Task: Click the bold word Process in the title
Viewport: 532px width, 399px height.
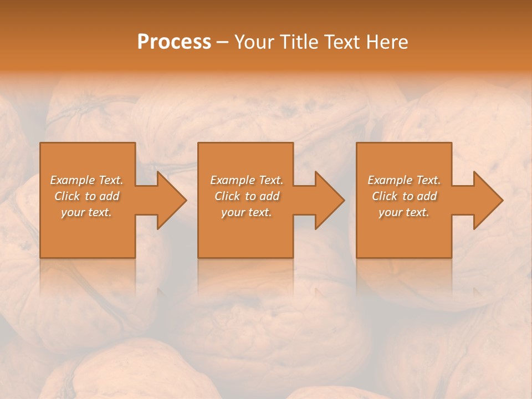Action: pyautogui.click(x=174, y=42)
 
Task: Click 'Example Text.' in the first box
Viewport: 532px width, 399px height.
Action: pyautogui.click(x=86, y=180)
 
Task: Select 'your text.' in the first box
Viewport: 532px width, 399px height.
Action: pyautogui.click(x=86, y=212)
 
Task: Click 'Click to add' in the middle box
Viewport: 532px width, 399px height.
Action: pyautogui.click(x=247, y=196)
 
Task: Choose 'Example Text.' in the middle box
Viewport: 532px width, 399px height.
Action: pyautogui.click(x=247, y=180)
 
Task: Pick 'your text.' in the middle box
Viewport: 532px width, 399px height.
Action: pyautogui.click(x=247, y=212)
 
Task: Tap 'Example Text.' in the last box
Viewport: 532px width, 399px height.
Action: pyautogui.click(x=404, y=180)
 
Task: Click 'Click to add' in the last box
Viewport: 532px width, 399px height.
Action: pyautogui.click(x=404, y=196)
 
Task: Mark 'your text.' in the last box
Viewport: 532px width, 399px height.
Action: pyautogui.click(x=404, y=212)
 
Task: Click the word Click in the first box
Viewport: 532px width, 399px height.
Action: pyautogui.click(x=67, y=196)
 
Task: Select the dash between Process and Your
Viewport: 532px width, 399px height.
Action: pyautogui.click(x=222, y=42)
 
